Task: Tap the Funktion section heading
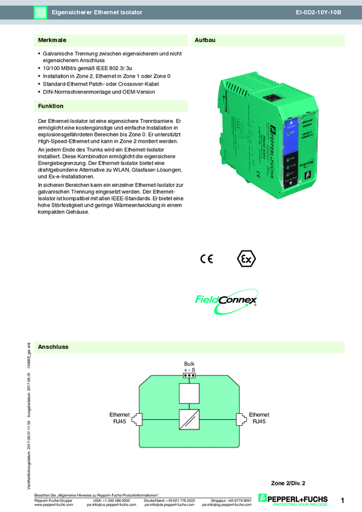pyautogui.click(x=51, y=106)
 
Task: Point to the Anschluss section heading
pyautogui.click(x=53, y=348)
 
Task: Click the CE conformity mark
pyautogui.click(x=206, y=259)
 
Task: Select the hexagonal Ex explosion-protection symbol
pyautogui.click(x=245, y=259)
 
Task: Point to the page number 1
pyautogui.click(x=342, y=500)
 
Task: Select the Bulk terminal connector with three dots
pyautogui.click(x=189, y=375)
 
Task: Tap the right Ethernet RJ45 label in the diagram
pyautogui.click(x=259, y=418)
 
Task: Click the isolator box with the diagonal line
pyautogui.click(x=189, y=419)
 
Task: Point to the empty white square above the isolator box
pyautogui.click(x=189, y=394)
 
